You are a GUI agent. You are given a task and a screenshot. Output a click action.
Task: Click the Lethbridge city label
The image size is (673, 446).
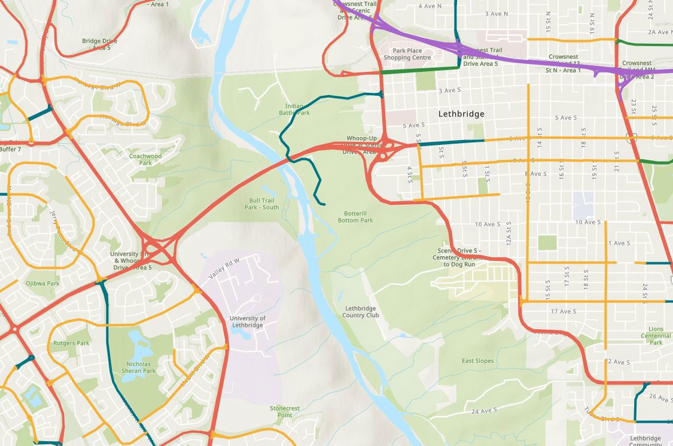(461, 114)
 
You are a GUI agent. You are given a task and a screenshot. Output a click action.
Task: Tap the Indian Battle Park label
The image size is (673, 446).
(294, 110)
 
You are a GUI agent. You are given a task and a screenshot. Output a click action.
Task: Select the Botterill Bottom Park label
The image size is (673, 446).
(358, 217)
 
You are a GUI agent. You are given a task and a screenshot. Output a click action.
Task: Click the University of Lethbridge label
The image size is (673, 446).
(247, 321)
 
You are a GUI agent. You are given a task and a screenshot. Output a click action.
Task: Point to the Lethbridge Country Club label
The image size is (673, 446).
(361, 312)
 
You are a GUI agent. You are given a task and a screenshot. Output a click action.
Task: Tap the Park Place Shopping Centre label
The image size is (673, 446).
(407, 54)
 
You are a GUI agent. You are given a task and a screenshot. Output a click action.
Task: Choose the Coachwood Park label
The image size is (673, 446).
(145, 159)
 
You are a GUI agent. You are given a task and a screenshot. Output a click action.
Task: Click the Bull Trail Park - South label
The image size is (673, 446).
(261, 204)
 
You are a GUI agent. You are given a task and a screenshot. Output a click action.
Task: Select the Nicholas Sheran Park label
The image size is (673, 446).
(141, 367)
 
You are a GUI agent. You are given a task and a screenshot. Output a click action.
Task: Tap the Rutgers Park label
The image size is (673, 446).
(71, 343)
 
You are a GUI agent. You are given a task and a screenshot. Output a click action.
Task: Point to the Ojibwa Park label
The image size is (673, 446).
(42, 283)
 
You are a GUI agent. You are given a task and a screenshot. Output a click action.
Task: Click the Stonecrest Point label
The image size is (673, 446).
(284, 411)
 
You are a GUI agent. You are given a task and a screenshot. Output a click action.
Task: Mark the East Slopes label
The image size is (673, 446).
(477, 361)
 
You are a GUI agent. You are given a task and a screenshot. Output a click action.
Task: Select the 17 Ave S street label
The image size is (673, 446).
(564, 311)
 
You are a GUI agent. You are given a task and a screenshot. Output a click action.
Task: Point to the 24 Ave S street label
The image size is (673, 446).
(484, 411)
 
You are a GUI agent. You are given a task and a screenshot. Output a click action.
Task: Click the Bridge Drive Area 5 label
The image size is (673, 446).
(99, 44)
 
